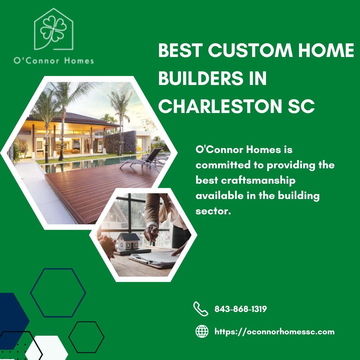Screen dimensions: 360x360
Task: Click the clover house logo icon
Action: click(x=54, y=29)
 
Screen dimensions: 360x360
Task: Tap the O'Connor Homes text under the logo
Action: click(x=54, y=61)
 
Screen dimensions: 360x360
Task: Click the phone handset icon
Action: click(x=200, y=309)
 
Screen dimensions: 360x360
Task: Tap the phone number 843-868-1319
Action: click(x=240, y=309)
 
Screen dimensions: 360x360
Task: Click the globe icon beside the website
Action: click(x=202, y=331)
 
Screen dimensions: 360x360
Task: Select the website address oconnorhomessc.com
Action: click(x=274, y=332)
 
